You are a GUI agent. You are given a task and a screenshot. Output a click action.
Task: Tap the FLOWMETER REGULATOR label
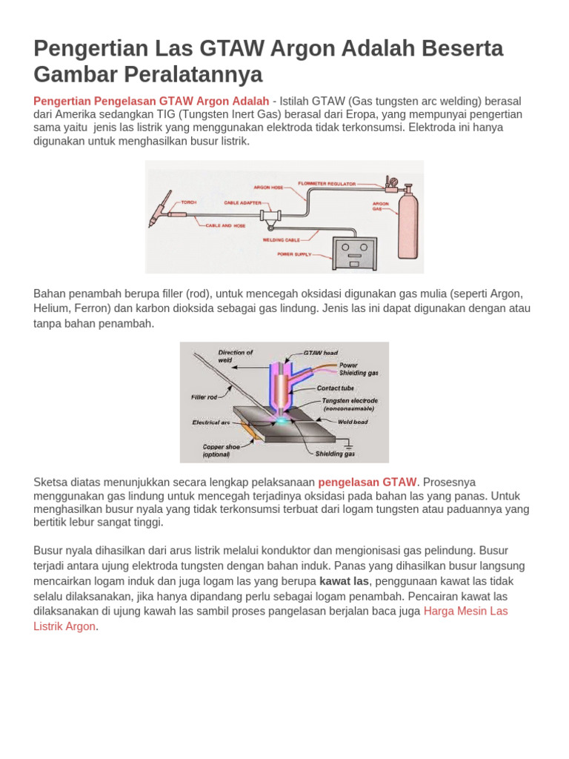click(x=327, y=183)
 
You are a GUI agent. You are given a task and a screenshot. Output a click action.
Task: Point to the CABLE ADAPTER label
click(x=242, y=202)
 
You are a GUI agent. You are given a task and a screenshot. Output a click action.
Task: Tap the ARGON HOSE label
click(x=268, y=188)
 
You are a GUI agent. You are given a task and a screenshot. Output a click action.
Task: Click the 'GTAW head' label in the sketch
click(x=321, y=353)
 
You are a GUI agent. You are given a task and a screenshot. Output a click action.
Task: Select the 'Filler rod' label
click(x=204, y=397)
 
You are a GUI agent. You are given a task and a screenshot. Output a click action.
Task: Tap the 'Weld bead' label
click(x=353, y=422)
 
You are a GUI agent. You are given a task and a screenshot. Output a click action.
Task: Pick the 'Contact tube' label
click(x=335, y=388)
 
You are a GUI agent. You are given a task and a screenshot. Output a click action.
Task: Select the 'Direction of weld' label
click(x=235, y=356)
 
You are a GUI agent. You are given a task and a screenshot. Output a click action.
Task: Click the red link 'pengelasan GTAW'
click(x=367, y=482)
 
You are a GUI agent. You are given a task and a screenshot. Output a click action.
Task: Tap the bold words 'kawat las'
click(x=344, y=582)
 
